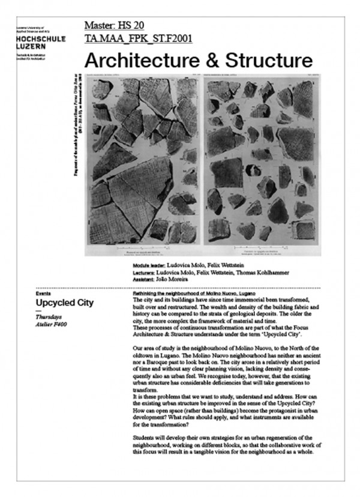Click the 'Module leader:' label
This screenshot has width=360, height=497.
click(155, 264)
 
